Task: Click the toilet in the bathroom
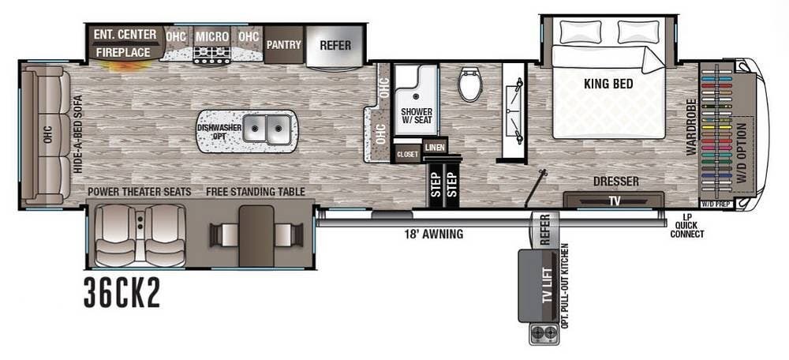click(470, 84)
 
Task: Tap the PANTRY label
click(284, 45)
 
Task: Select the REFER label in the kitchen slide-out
click(335, 45)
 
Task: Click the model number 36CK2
click(122, 293)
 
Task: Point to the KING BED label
click(608, 84)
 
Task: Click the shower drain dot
click(416, 93)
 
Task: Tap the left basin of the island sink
click(255, 129)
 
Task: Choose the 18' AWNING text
click(434, 234)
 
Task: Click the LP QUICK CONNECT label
click(687, 226)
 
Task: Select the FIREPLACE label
click(123, 52)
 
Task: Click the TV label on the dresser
click(615, 201)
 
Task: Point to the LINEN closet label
click(435, 148)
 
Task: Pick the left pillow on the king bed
click(581, 32)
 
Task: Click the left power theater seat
click(114, 234)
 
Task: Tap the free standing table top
click(256, 235)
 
